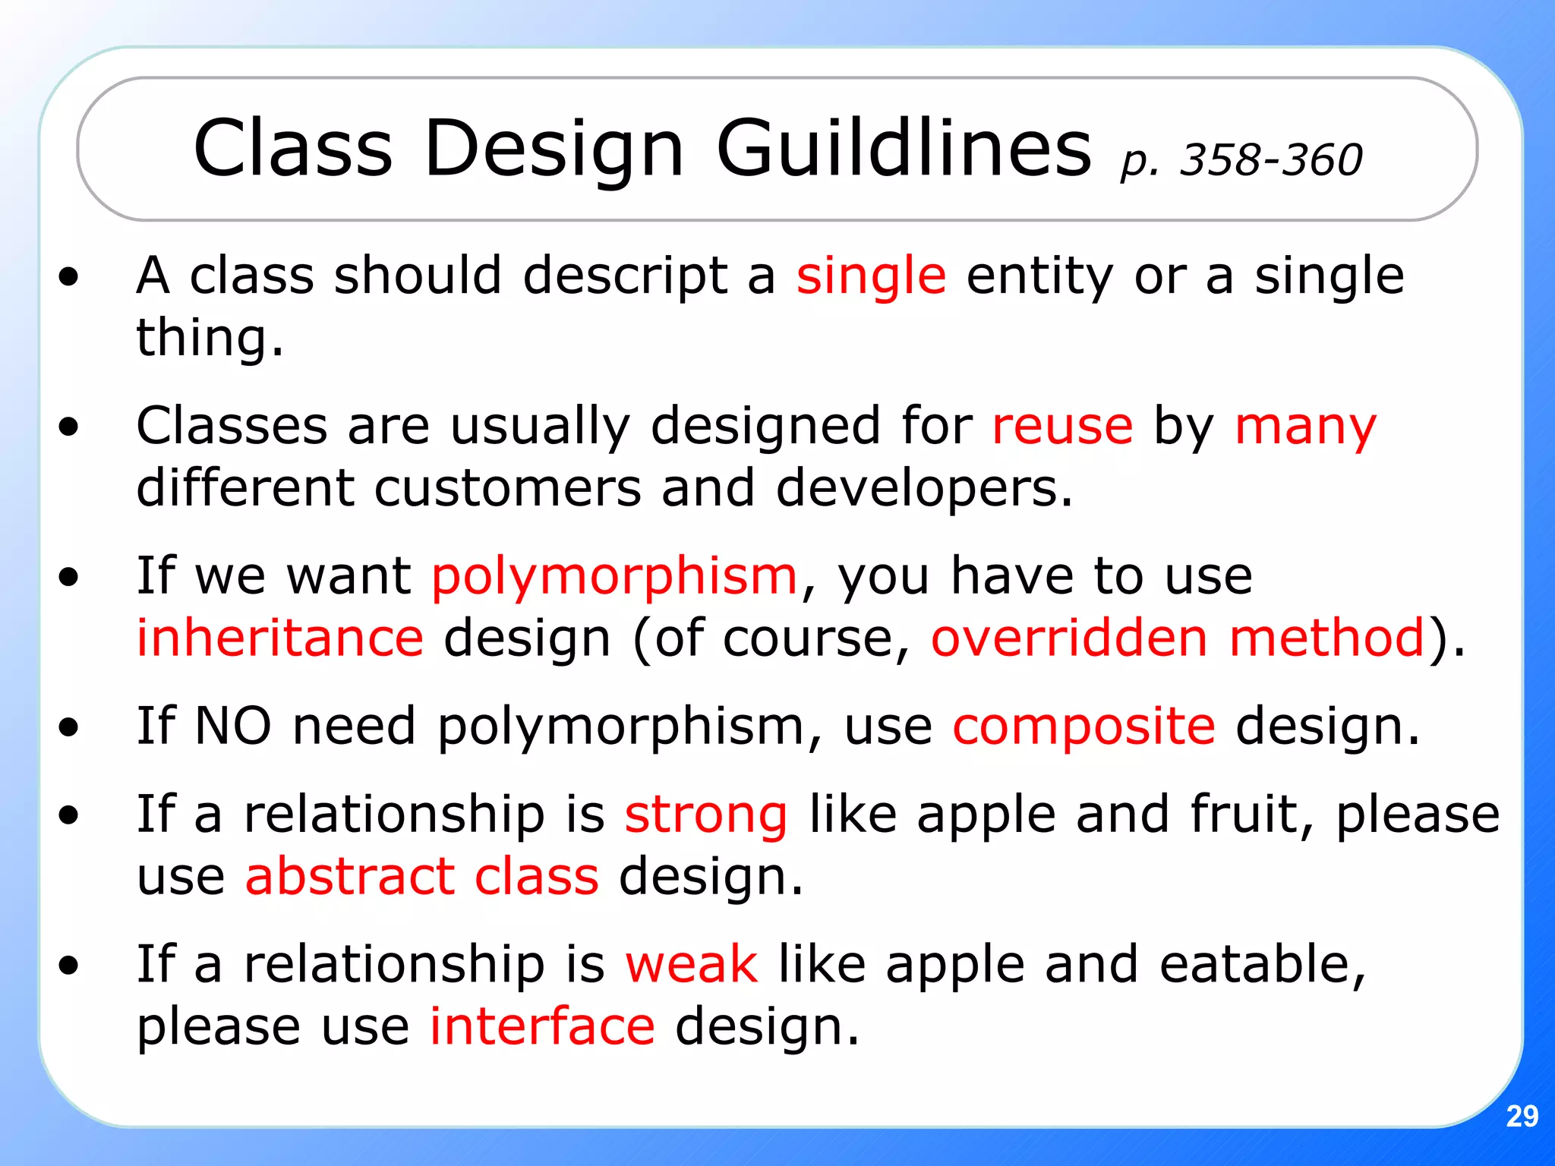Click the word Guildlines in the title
pos(904,149)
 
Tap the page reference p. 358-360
pos(1241,160)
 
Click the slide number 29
pos(1522,1116)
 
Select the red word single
pos(871,276)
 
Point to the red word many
pos(1305,427)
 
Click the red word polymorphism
pos(614,577)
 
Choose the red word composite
pos(1083,727)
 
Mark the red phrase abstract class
pos(422,877)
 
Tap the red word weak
pos(691,965)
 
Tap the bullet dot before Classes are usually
pos(68,427)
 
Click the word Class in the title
pos(293,149)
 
